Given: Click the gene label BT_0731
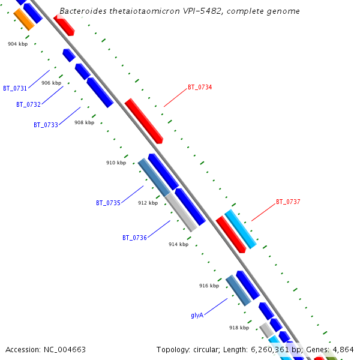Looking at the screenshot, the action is click(15, 88).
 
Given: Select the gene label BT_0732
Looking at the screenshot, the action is click(28, 104).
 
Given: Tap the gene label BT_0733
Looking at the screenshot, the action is click(46, 125).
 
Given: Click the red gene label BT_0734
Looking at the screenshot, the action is click(200, 87).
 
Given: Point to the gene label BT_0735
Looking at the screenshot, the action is click(108, 203).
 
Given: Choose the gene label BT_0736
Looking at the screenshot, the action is click(134, 238).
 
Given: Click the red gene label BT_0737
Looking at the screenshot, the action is click(288, 202).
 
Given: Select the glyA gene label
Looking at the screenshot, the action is click(197, 315).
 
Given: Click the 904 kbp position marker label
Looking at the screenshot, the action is click(17, 44).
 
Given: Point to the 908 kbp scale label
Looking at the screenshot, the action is click(84, 122).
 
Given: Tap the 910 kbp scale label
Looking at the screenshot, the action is click(116, 163).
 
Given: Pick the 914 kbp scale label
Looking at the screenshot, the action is click(178, 244).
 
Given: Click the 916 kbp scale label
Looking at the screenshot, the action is click(209, 286).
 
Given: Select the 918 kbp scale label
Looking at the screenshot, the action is click(239, 328).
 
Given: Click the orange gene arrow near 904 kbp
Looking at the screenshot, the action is click(24, 20).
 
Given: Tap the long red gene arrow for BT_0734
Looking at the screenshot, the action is click(144, 121).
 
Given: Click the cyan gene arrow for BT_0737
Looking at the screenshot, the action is click(241, 229).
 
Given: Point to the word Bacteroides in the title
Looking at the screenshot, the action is click(80, 11).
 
